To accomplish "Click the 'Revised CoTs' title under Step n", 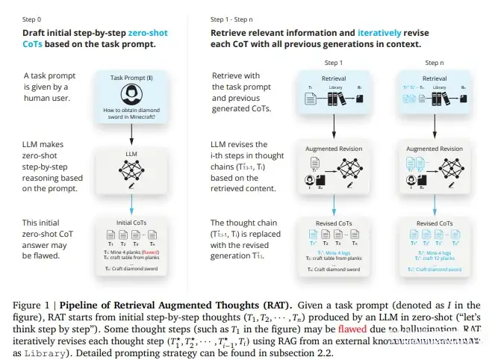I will click(432, 222).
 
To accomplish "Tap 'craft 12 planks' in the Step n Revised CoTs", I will click(436, 258).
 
